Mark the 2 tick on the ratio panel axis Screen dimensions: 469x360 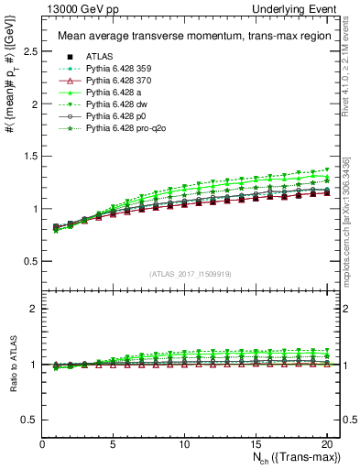click(34, 309)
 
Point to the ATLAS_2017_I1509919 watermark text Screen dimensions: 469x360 click(190, 273)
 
